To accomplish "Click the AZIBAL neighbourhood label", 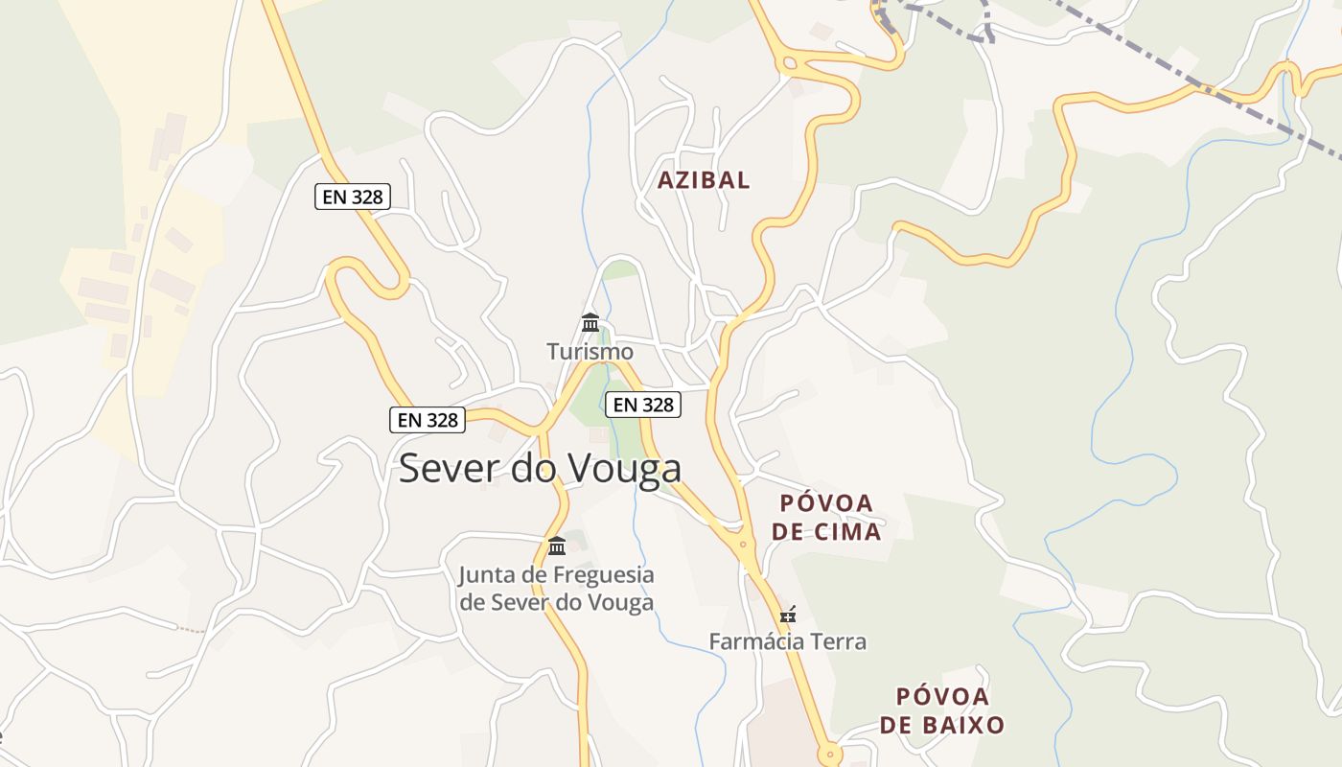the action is pos(704,180).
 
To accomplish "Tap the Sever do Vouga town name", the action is pos(540,468).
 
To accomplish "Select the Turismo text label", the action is pos(590,351).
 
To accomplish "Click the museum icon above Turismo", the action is pos(590,322).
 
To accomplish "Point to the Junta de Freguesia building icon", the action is pos(557,546).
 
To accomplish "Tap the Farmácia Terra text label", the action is pos(787,641).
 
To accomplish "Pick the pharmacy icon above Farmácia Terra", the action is pos(788,614).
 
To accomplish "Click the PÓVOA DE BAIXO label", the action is pos(941,710).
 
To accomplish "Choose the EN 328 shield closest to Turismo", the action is pos(644,405).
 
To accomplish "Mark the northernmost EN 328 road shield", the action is pos(352,198).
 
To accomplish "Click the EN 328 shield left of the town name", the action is pos(428,419).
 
